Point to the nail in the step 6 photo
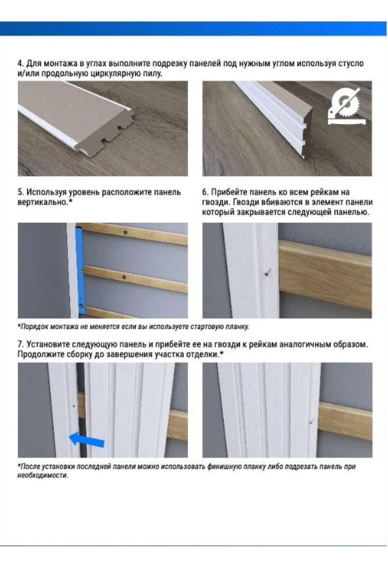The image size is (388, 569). click(x=267, y=273)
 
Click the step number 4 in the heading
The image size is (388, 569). click(x=20, y=63)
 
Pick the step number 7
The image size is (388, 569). click(x=20, y=344)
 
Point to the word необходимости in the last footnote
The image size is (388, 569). click(x=43, y=476)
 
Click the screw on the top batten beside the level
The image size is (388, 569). click(x=125, y=231)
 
